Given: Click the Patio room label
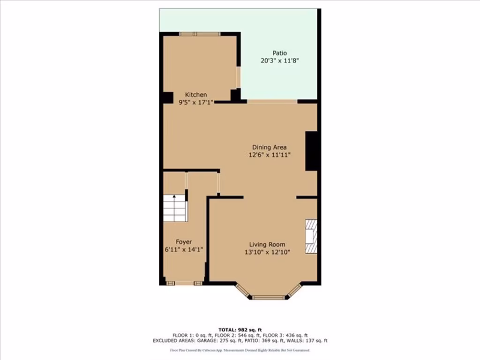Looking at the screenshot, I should tap(280, 53).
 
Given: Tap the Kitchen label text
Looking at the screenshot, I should tap(195, 95).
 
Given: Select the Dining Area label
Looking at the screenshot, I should tap(270, 147).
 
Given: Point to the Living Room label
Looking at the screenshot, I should tap(267, 244).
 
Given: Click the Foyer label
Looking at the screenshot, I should tap(184, 242).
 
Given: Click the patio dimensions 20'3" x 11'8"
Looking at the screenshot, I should tap(280, 60).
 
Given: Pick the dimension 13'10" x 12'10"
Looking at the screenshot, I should tap(267, 252).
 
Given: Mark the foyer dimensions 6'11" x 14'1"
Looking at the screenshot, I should tap(184, 249).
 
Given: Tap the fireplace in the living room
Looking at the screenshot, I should tap(311, 237).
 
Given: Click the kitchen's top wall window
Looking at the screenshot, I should tap(200, 33).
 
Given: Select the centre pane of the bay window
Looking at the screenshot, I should tap(268, 297).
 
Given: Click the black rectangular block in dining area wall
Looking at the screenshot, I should tap(312, 151).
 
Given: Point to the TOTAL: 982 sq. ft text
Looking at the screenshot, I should tap(240, 330).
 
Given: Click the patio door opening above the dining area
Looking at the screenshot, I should tap(272, 101).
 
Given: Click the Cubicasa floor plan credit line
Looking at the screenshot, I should tap(240, 350).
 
